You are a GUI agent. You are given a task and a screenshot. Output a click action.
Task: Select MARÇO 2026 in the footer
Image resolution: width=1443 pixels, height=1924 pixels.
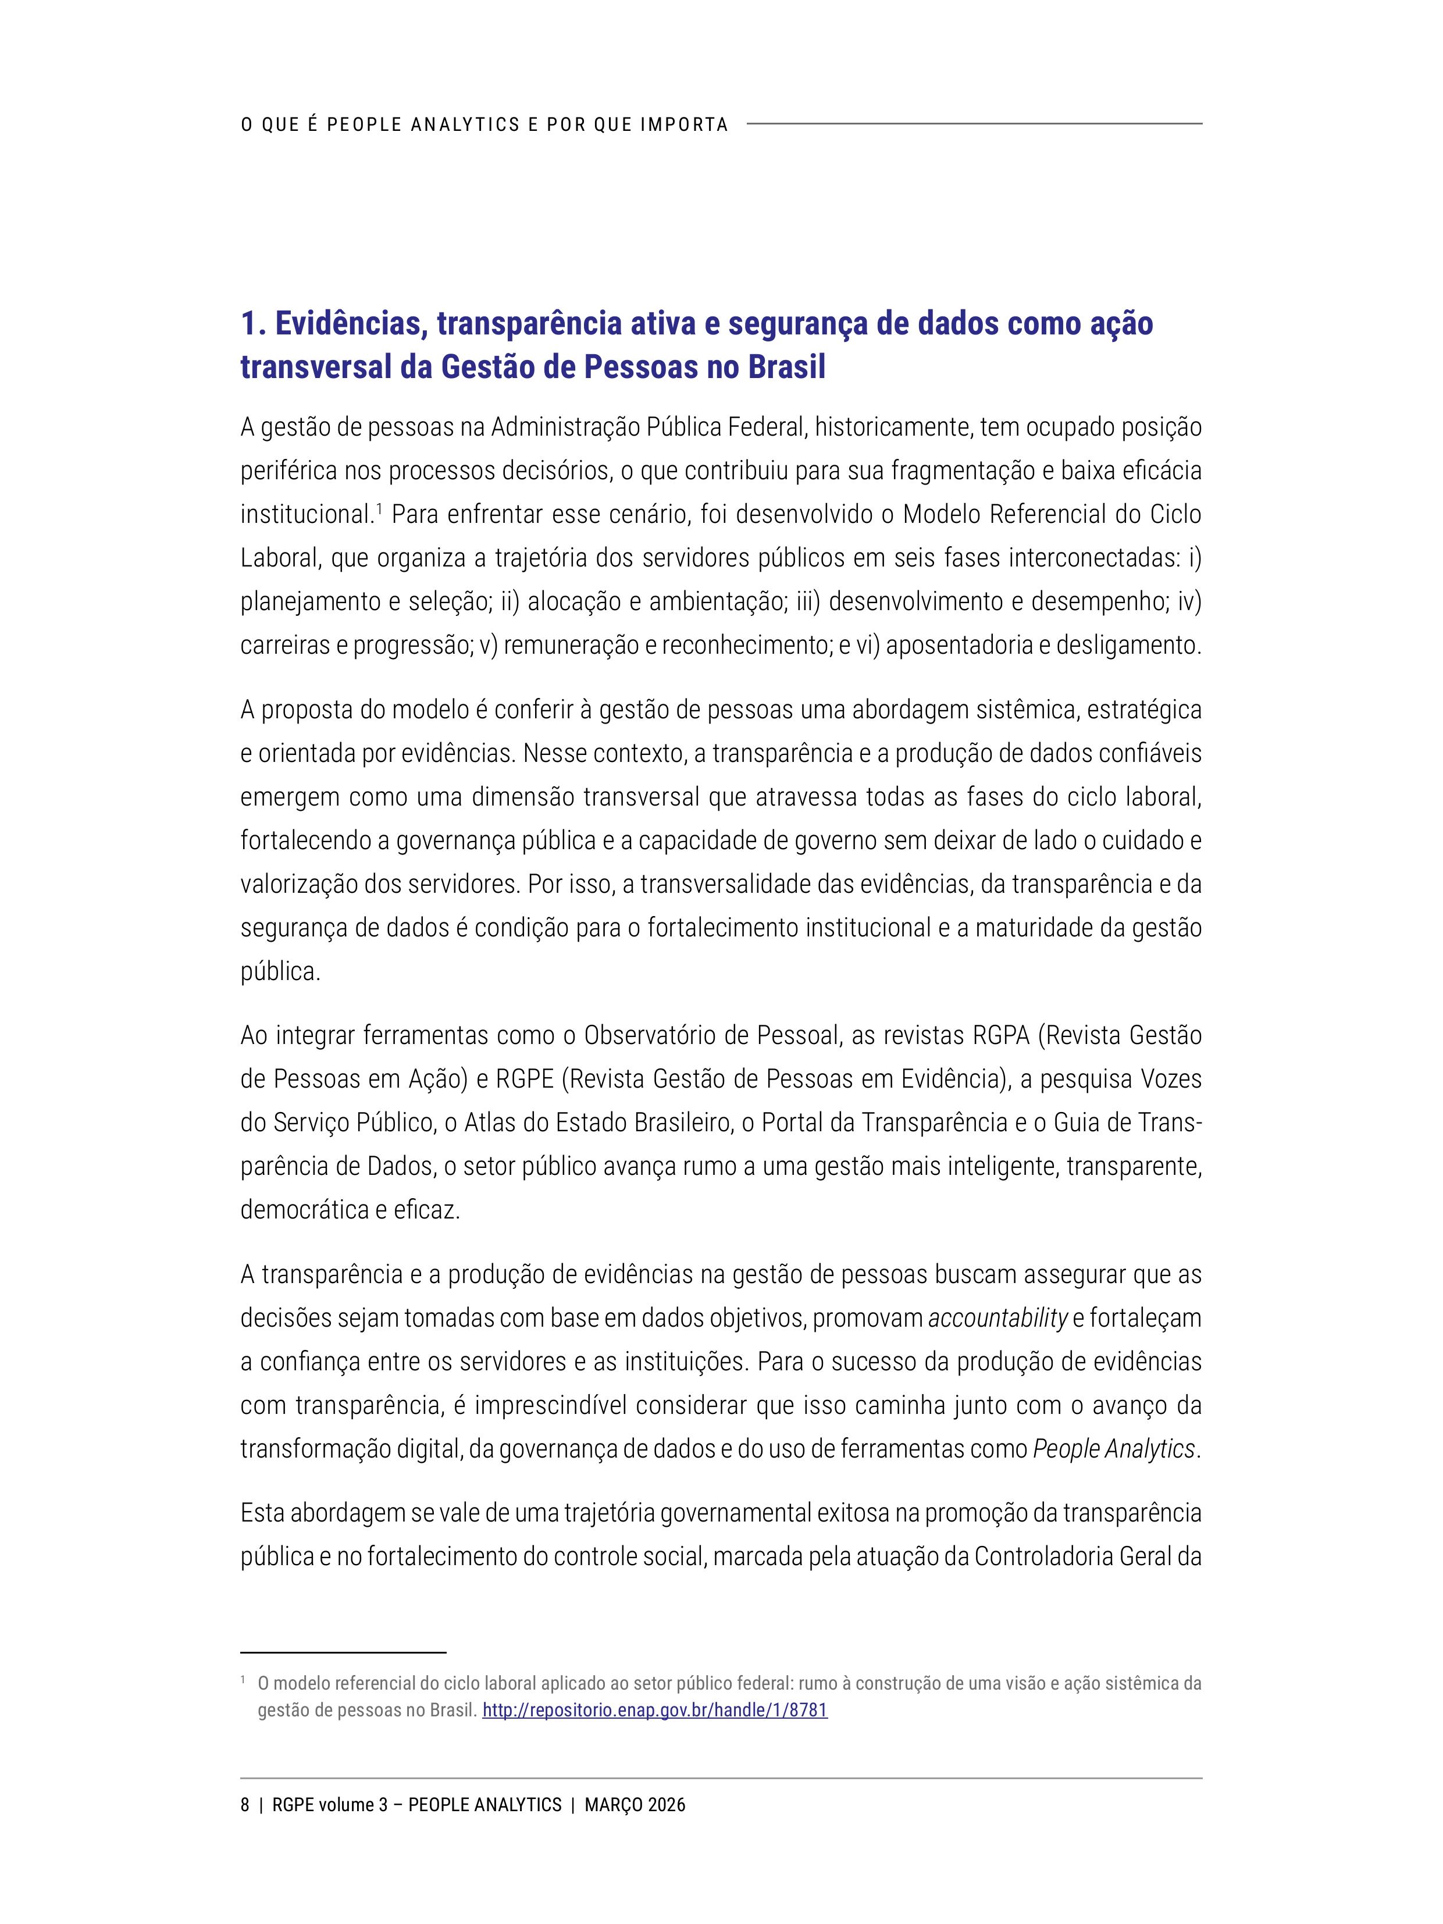click(x=635, y=1805)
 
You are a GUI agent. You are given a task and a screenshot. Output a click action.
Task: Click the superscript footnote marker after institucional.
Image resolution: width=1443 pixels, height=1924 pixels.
click(x=379, y=507)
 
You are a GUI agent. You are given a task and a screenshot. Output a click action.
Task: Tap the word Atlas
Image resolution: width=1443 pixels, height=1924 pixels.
click(x=490, y=1122)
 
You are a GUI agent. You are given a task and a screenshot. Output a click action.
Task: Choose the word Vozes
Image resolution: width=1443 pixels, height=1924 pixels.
click(x=1171, y=1078)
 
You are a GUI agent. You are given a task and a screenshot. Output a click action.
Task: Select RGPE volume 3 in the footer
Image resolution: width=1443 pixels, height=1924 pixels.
click(x=330, y=1805)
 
